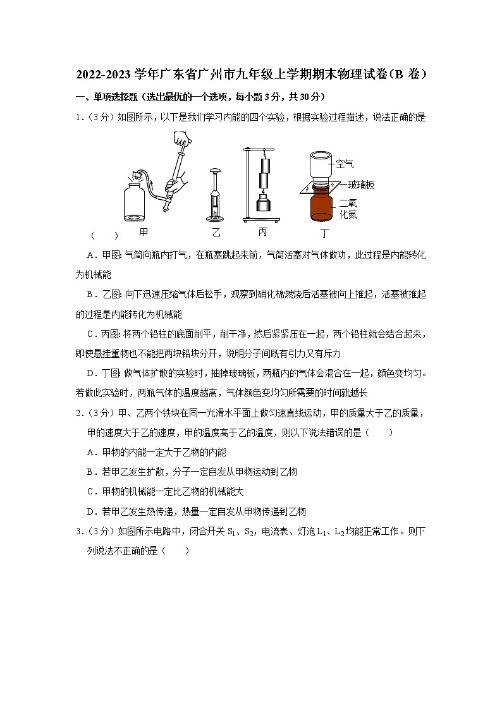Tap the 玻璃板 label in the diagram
click(x=361, y=185)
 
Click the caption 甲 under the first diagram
click(x=144, y=233)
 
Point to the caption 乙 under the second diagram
click(x=216, y=233)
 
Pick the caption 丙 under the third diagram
click(x=262, y=232)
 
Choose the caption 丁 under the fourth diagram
click(x=324, y=233)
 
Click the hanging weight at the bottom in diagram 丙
click(x=264, y=205)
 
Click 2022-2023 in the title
click(x=104, y=75)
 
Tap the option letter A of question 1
click(x=90, y=254)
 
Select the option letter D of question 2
click(x=90, y=511)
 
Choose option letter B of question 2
click(x=90, y=472)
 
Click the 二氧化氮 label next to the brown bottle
click(x=348, y=208)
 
